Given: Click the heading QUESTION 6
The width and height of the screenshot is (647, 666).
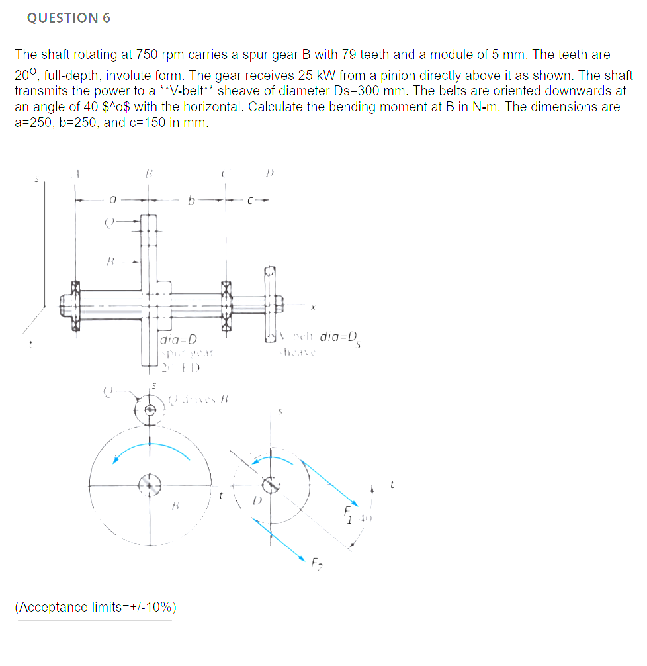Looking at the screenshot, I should (x=69, y=19).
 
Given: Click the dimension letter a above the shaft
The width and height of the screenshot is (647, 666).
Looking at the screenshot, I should (x=113, y=198).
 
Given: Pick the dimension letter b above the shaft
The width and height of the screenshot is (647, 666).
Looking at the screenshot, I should (x=191, y=198).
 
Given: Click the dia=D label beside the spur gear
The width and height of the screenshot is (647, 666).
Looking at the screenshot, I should (x=179, y=340).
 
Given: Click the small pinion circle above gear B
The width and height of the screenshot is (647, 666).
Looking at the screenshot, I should (x=151, y=409).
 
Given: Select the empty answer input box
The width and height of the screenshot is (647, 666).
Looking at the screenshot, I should (x=95, y=634).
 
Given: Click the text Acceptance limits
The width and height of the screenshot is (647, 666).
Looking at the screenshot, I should (x=95, y=607).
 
